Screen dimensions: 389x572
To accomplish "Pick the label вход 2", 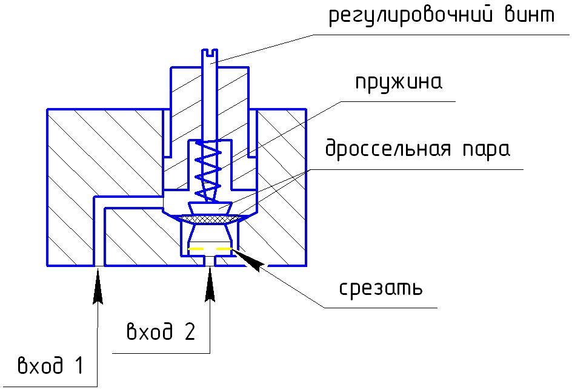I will click(x=161, y=332).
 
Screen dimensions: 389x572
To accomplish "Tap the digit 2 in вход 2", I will click(x=188, y=332).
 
